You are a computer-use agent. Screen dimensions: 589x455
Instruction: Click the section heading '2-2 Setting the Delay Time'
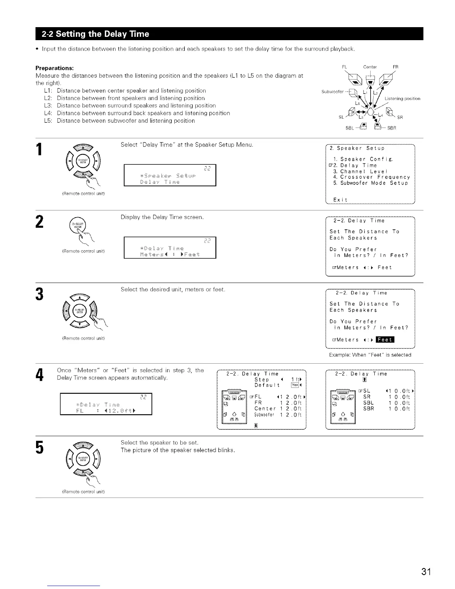tap(96, 34)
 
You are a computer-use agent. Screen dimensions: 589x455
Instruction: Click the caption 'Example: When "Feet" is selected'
tap(370, 355)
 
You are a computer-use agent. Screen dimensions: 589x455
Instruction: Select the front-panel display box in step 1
tap(170, 175)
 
